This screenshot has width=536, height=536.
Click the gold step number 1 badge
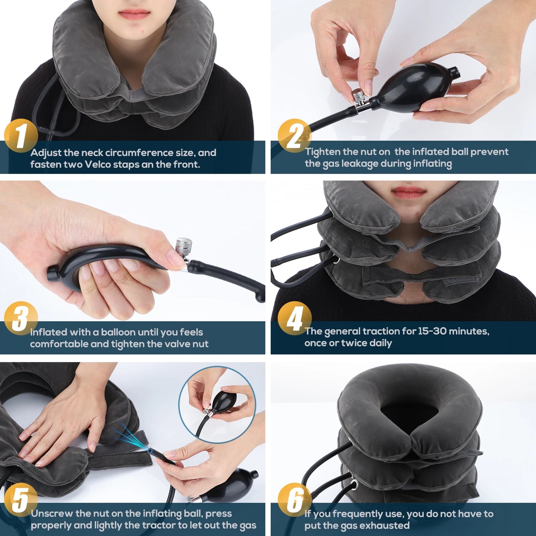tap(21, 136)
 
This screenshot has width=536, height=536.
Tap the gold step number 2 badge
tap(295, 136)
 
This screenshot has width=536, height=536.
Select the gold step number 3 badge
tap(21, 318)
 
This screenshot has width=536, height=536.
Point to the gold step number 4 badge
tap(295, 318)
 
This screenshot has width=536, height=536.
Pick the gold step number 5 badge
tap(21, 500)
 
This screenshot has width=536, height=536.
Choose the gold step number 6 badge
tap(295, 500)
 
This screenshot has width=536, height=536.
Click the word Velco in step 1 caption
tap(98, 164)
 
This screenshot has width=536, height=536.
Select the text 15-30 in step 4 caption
tap(432, 331)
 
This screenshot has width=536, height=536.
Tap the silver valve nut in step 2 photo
tap(359, 96)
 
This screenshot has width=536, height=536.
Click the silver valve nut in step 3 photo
tap(184, 246)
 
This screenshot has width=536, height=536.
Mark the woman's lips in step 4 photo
tap(409, 193)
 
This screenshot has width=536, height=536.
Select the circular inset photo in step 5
tap(217, 404)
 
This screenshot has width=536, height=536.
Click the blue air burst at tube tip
tap(132, 439)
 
